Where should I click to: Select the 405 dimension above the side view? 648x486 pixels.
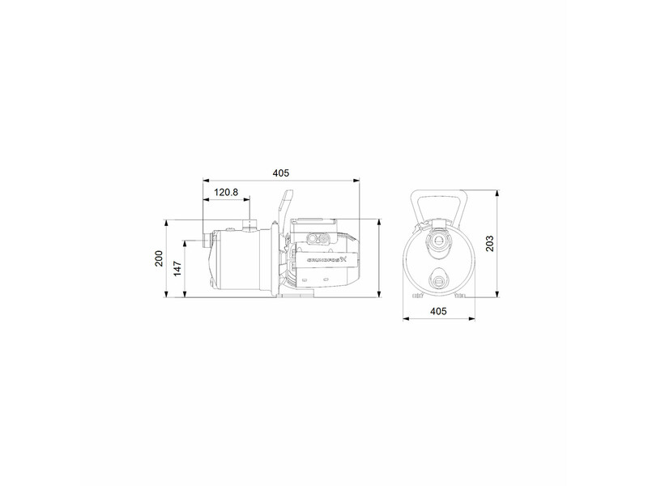280,173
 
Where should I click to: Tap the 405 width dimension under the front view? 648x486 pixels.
437,310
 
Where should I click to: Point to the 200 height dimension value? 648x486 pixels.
160,258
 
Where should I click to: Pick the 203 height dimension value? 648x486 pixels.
488,244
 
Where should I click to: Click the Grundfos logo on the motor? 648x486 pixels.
326,260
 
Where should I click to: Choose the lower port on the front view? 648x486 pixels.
438,279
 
